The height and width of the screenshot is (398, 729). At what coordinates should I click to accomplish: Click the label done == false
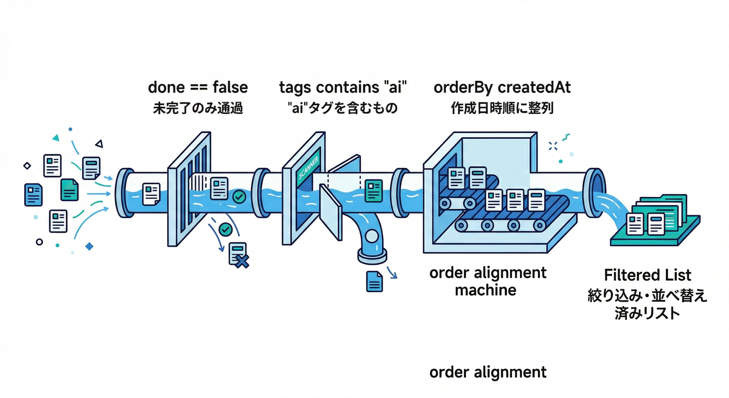coord(198,87)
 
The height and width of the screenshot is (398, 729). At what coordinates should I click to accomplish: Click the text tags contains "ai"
coord(343,87)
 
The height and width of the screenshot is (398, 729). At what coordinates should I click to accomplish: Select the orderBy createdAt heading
coord(502,87)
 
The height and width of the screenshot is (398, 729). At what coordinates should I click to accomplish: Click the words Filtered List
coord(647,275)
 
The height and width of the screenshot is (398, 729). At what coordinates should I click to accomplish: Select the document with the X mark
coord(238,254)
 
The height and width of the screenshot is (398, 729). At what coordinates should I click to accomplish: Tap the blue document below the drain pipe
coord(374,281)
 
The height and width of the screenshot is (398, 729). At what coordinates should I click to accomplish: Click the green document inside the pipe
coord(374,190)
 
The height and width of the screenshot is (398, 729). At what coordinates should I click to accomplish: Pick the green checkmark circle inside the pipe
coord(239,196)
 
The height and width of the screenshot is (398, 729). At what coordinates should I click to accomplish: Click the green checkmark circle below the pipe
coord(225,229)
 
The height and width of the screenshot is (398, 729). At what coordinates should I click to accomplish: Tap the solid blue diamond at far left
coord(89,246)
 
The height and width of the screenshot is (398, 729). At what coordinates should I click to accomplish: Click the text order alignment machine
coord(488,281)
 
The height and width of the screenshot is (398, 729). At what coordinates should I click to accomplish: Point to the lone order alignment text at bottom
coord(488,372)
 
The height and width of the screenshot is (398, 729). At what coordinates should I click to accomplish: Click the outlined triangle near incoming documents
coord(99,144)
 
